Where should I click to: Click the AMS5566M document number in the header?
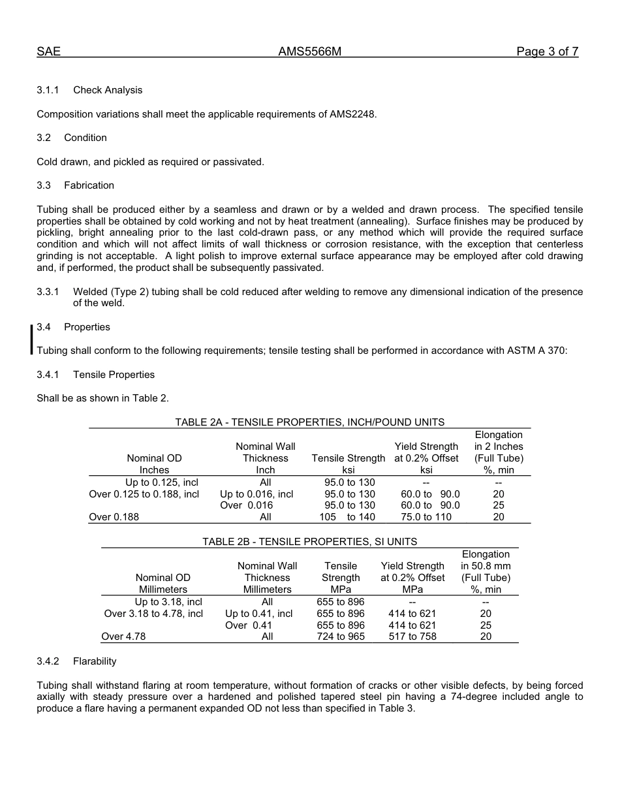[x=310, y=52]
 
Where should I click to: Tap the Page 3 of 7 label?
[x=547, y=52]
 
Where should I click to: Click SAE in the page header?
[x=48, y=52]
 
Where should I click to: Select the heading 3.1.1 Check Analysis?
[x=89, y=90]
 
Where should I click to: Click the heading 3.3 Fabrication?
[x=76, y=185]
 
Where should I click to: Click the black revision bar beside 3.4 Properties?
[x=31, y=339]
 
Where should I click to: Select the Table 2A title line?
[x=309, y=422]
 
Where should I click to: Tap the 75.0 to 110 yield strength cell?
[x=426, y=517]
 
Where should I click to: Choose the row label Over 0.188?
[x=114, y=517]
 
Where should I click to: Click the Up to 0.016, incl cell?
[x=256, y=494]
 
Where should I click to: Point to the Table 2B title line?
[x=309, y=542]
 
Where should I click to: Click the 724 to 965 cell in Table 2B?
[x=340, y=637]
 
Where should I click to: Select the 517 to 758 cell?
[x=412, y=637]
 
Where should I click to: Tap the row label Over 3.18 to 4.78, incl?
[x=153, y=614]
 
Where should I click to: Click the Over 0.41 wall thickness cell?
[x=249, y=625]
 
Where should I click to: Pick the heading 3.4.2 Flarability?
[x=76, y=661]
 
